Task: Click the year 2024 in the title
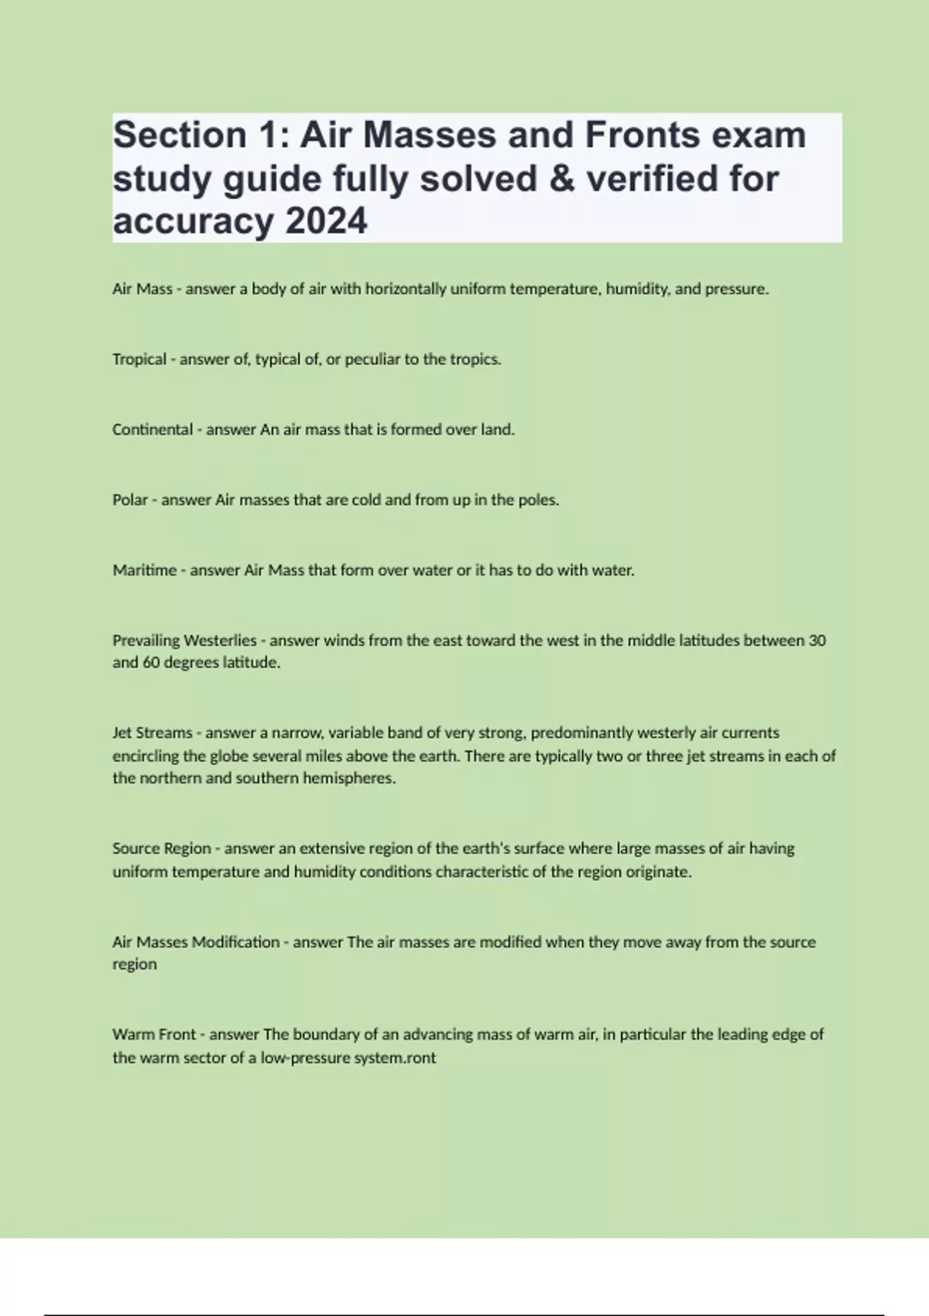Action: click(327, 222)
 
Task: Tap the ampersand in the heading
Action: click(562, 179)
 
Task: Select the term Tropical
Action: click(139, 359)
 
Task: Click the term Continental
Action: click(153, 430)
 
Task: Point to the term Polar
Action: click(130, 500)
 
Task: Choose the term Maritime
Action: click(145, 571)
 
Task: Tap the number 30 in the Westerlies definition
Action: click(817, 640)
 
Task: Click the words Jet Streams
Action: click(153, 732)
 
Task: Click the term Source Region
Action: click(162, 848)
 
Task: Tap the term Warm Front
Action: click(154, 1034)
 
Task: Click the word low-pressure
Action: click(305, 1057)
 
